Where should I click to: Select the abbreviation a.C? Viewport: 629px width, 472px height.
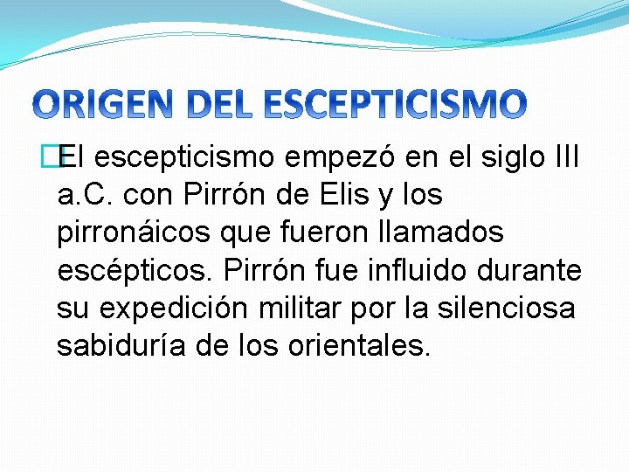86,195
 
